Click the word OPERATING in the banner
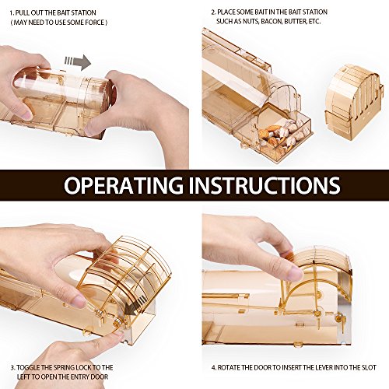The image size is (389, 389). click(x=124, y=185)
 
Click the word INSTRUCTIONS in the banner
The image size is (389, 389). click(x=265, y=185)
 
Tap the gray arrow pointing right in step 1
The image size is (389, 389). click(x=78, y=62)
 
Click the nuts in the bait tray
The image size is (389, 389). click(x=280, y=138)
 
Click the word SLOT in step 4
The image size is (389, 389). click(x=369, y=368)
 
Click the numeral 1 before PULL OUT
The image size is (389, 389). click(x=11, y=12)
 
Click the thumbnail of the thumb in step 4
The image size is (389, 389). click(x=295, y=272)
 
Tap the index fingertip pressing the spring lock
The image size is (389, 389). click(x=118, y=335)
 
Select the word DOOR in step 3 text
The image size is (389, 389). click(x=99, y=377)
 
